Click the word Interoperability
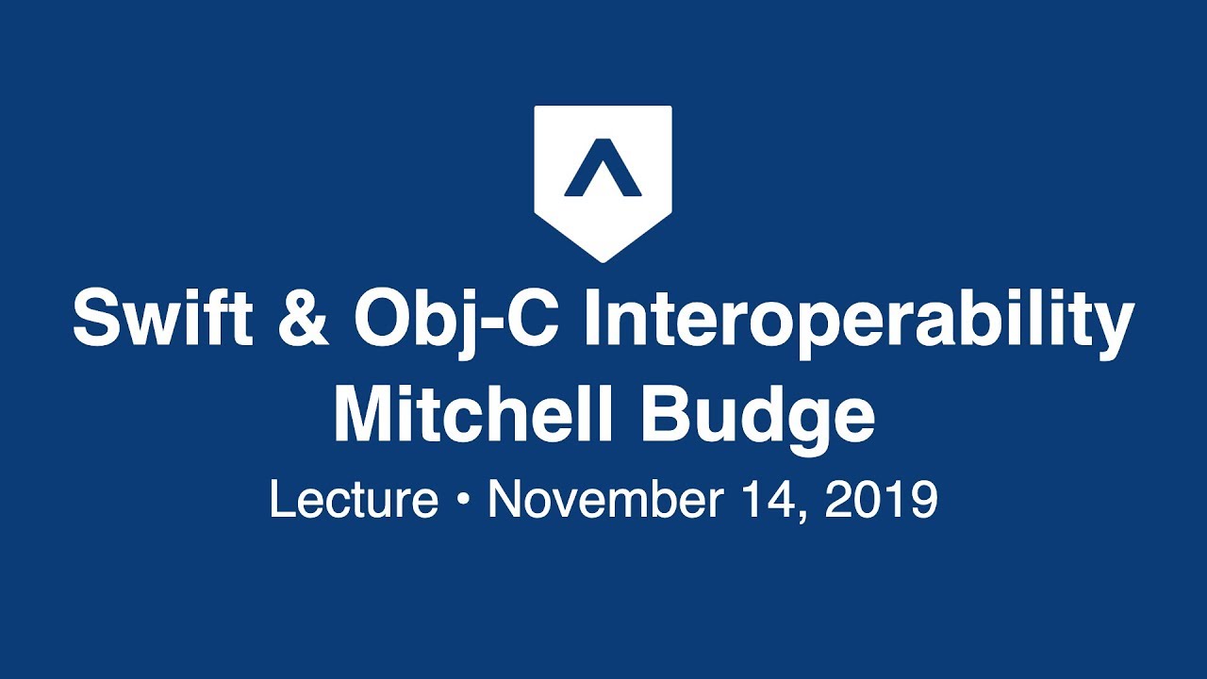point(859,318)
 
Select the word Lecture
point(354,500)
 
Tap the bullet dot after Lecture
point(462,501)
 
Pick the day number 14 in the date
point(773,500)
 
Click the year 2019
point(882,500)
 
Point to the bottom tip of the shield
point(603,259)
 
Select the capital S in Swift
point(95,318)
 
